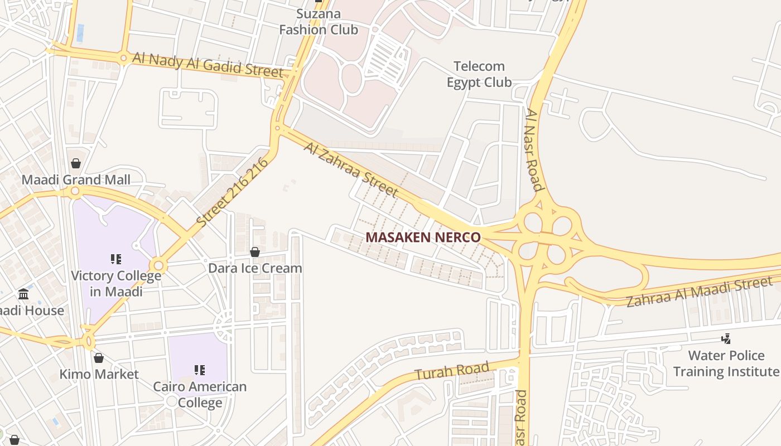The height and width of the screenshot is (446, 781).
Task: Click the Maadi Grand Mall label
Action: (x=76, y=180)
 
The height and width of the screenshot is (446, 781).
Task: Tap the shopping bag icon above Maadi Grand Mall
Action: (x=76, y=163)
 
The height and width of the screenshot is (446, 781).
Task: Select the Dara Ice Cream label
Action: (x=255, y=268)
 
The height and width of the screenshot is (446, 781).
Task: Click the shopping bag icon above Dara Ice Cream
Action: (x=255, y=252)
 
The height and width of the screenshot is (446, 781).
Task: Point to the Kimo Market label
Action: (x=99, y=374)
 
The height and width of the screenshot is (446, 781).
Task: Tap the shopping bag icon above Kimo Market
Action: (x=99, y=358)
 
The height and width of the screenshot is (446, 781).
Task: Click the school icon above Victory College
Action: (x=116, y=259)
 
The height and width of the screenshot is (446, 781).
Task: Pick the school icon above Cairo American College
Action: (x=199, y=370)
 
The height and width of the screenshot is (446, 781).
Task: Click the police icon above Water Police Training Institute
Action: (x=726, y=338)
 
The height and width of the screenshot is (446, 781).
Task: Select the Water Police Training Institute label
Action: (x=726, y=363)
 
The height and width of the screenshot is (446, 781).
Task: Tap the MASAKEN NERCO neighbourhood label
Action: (x=423, y=237)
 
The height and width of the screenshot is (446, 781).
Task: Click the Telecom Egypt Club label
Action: (x=479, y=74)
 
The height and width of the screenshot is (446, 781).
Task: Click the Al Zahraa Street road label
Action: (x=351, y=169)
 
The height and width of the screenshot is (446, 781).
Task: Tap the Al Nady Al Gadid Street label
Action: (x=208, y=65)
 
